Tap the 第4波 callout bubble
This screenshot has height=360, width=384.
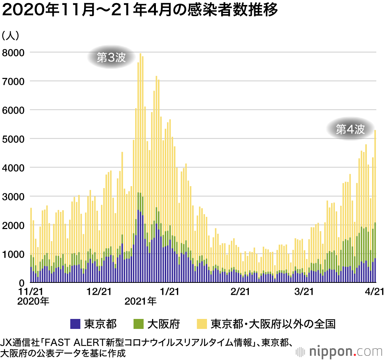pyautogui.click(x=349, y=129)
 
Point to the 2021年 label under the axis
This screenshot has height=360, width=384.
pyautogui.click(x=141, y=302)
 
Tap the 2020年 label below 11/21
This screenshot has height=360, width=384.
pyautogui.click(x=33, y=302)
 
